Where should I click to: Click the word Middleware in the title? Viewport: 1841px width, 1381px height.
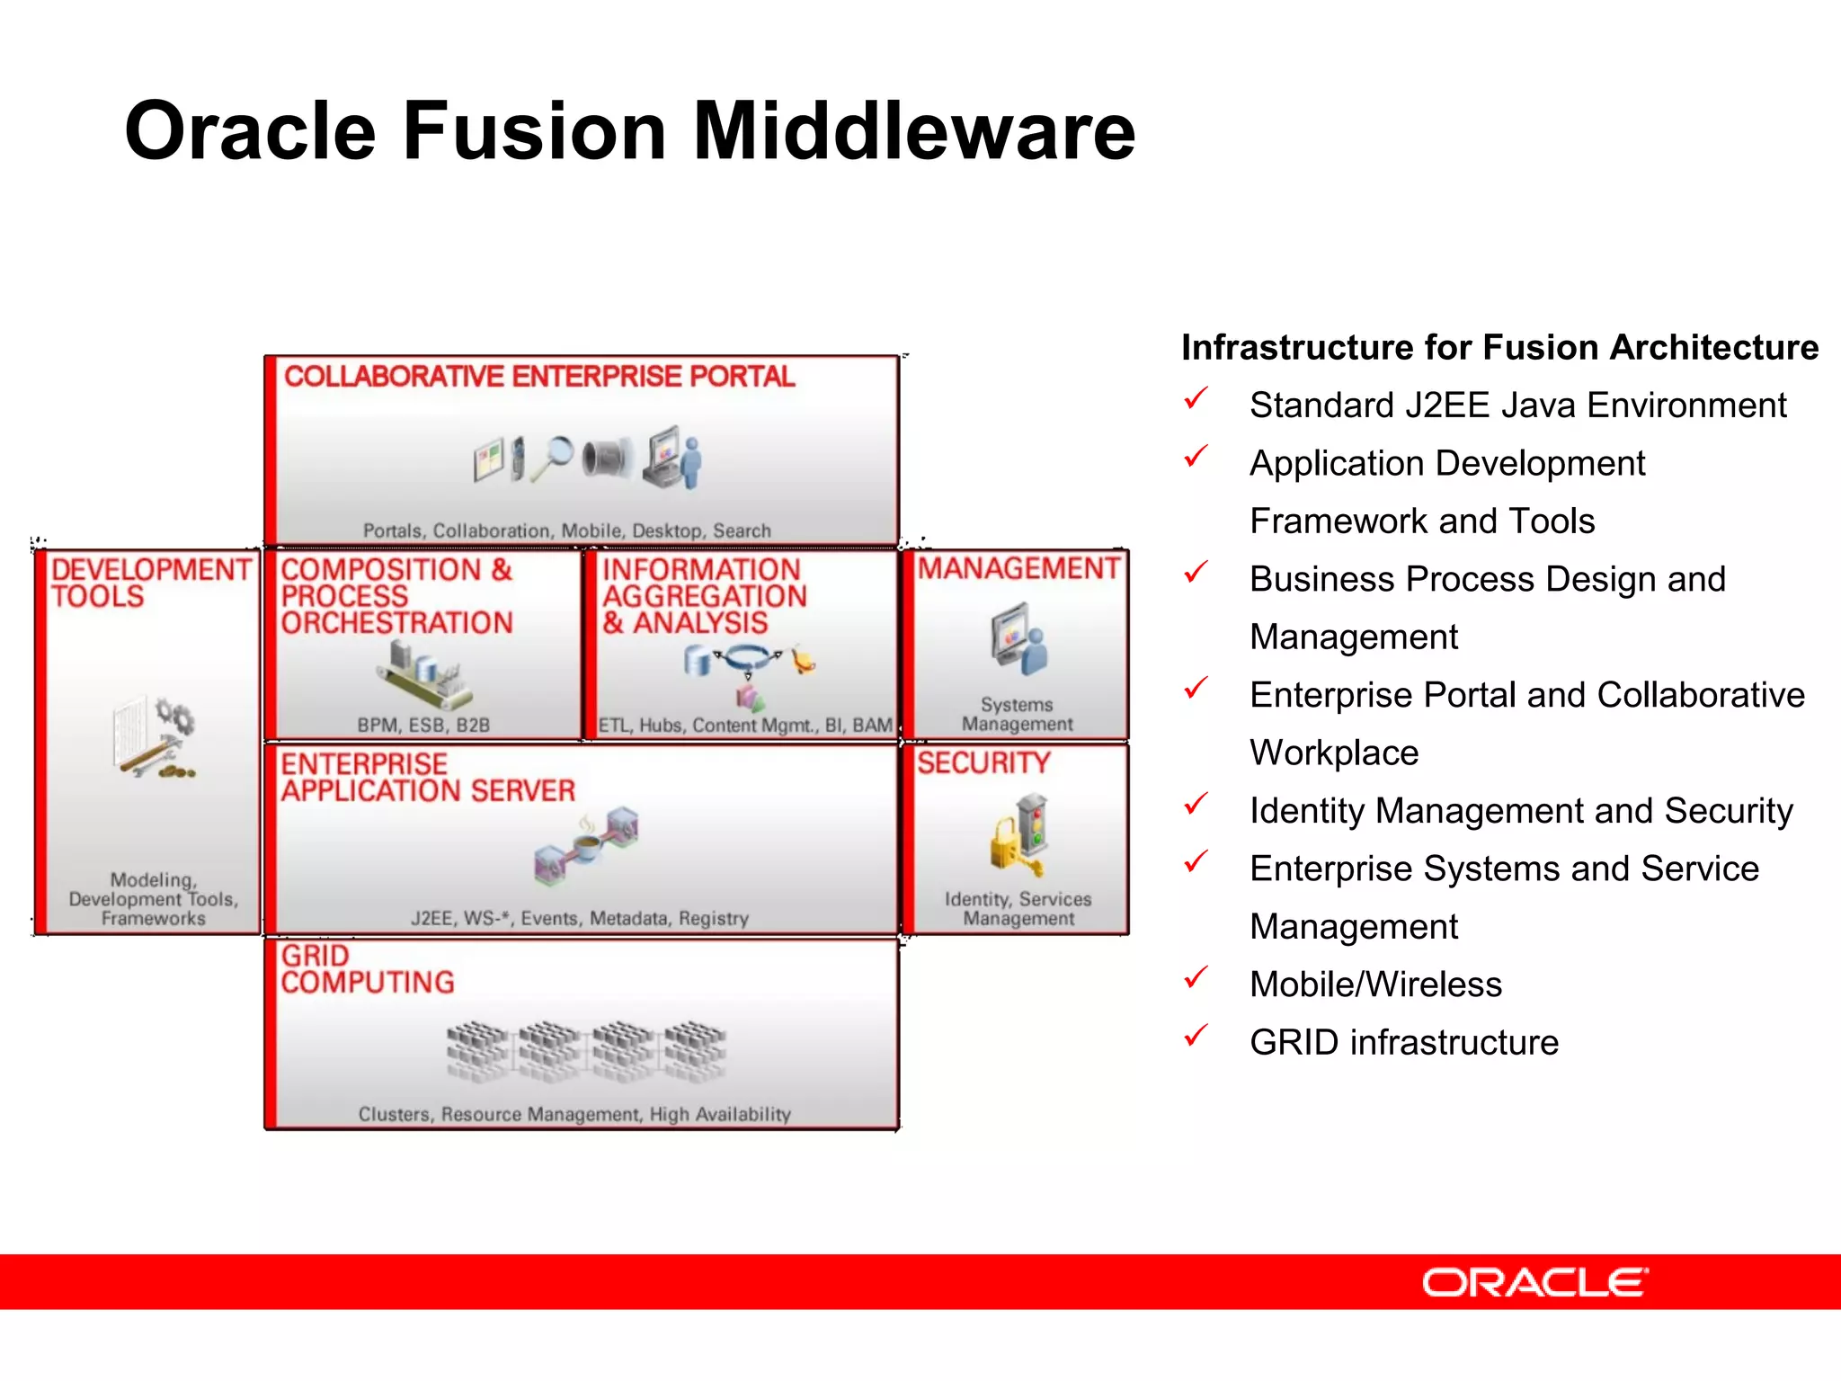click(x=913, y=131)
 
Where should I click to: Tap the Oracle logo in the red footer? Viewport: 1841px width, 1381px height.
click(x=1534, y=1282)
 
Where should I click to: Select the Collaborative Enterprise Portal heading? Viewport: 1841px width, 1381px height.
click(x=539, y=376)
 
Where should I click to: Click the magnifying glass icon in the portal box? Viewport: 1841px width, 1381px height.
click(x=553, y=457)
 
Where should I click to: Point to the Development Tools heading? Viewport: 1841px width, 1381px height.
click(x=150, y=583)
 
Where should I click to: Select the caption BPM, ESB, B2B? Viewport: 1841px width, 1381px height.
click(x=423, y=725)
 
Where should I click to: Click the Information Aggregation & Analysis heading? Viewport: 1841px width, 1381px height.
click(x=704, y=595)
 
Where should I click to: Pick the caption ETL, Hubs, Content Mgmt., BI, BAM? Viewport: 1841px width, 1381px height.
click(x=745, y=725)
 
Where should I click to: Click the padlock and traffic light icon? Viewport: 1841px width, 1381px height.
click(x=1020, y=834)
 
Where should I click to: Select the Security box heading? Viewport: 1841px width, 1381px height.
click(x=983, y=762)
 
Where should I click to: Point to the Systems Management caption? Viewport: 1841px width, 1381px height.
click(x=1017, y=714)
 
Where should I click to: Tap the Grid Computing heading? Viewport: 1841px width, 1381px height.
click(x=367, y=969)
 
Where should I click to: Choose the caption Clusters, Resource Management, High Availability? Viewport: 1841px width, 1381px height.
click(x=574, y=1114)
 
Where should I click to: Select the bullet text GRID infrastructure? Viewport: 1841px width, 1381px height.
click(x=1403, y=1042)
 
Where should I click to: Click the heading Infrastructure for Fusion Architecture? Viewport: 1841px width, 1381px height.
click(x=1499, y=347)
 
